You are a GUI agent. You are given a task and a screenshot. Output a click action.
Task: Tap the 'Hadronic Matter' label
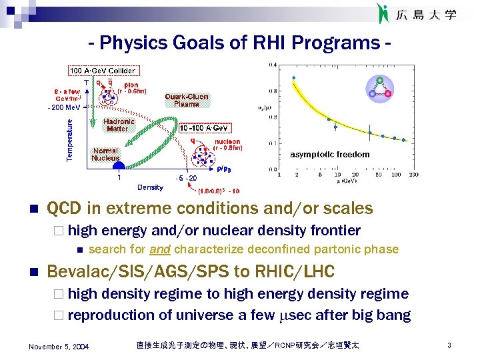tap(119, 125)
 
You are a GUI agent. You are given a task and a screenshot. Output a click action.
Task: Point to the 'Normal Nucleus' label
tap(106, 154)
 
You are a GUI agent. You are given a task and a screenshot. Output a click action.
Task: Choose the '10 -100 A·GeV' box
tap(205, 127)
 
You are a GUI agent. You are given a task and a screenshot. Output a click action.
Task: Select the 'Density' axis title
tap(150, 187)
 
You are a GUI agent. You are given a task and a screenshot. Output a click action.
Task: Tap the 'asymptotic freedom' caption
tap(329, 155)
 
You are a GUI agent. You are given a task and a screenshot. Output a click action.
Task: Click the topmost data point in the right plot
tap(293, 78)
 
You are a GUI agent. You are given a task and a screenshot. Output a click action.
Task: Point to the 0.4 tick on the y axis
tap(273, 65)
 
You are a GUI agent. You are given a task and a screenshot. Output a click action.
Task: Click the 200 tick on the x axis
tap(413, 175)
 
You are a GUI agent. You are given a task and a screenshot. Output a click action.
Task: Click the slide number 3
tap(450, 345)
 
